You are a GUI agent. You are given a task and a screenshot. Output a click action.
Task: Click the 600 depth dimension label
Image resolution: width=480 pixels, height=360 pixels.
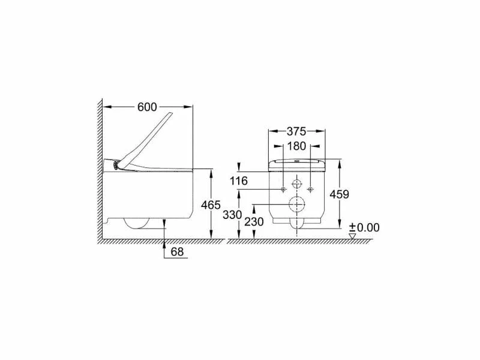pos(147,107)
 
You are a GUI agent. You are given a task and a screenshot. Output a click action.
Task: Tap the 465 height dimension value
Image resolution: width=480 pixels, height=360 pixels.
pos(211,205)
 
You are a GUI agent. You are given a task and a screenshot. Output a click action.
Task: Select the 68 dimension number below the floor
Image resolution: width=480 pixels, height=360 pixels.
pos(177,251)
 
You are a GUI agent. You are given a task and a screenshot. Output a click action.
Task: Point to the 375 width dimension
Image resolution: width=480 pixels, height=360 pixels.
pos(296,131)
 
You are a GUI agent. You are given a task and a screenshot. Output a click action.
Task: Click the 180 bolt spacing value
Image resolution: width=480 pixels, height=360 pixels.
pos(296,146)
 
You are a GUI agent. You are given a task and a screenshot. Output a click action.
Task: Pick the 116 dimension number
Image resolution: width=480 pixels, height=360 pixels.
pos(239,181)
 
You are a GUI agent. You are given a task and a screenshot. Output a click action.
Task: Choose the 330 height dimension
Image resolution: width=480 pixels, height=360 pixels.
pos(232,215)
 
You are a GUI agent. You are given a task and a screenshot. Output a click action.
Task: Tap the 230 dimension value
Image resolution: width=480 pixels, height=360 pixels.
pos(254,221)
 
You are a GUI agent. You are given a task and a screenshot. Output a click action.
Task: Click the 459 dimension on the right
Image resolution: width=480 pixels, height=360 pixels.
pos(339,194)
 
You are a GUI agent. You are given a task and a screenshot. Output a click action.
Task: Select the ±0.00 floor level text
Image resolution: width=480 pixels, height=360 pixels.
pos(364,227)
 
